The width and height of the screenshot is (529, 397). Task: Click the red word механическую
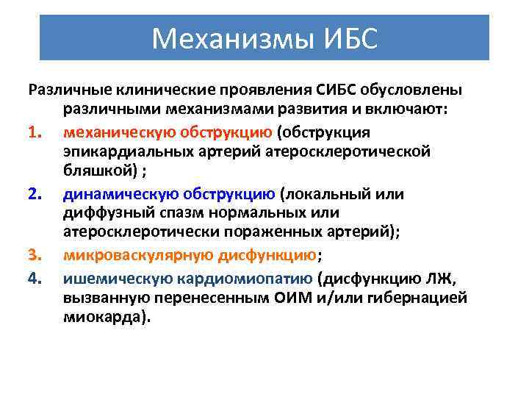[113, 132]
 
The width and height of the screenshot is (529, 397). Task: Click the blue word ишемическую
[108, 277]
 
